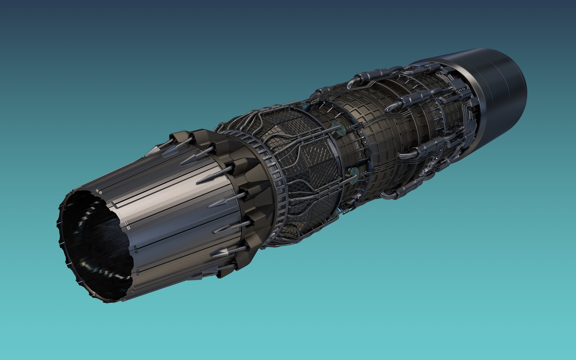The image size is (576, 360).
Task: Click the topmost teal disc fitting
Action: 304,106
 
